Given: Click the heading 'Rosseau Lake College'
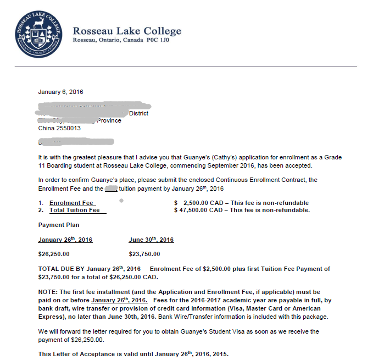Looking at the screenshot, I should point(127,31).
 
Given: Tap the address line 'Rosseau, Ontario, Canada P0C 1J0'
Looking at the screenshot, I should point(121,41).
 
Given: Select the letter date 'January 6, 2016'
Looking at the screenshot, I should point(60,92).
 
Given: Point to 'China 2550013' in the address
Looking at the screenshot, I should point(59,128).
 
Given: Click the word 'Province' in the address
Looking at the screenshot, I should point(109,120).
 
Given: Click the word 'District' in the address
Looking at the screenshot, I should point(138,113).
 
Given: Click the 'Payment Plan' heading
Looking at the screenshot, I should point(59,225).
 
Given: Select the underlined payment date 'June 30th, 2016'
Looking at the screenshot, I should point(151,240).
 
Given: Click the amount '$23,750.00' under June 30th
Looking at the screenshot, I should point(144,254).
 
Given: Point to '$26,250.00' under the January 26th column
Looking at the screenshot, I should point(54,254).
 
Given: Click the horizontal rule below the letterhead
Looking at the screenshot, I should point(186,66).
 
